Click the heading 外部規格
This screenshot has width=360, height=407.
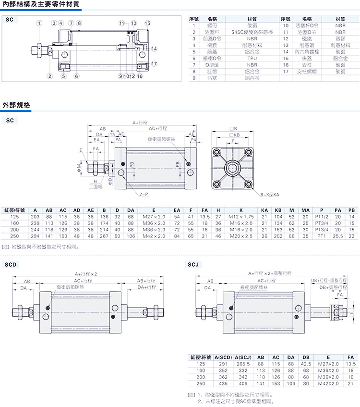coord(16,104)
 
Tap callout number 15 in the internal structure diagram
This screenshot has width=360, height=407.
coord(147,23)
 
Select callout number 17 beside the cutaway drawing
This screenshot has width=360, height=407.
coord(154,63)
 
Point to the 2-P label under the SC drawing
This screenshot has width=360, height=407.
coord(144,195)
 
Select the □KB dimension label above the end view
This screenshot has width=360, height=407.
coord(234,135)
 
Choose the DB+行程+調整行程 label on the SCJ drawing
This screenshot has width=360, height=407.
coord(329,280)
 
